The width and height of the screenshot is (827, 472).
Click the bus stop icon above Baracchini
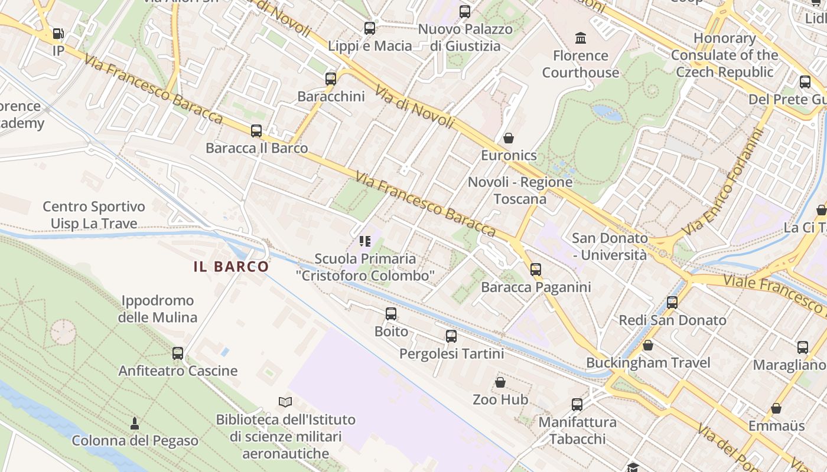point(331,78)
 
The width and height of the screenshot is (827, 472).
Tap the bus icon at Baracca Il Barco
point(256,130)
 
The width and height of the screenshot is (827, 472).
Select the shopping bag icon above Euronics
point(509,138)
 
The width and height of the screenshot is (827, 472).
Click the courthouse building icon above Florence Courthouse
point(581,38)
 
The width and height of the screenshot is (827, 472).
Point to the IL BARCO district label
point(232,267)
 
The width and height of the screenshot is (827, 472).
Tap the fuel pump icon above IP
point(58,34)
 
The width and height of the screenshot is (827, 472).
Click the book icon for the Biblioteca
point(285,402)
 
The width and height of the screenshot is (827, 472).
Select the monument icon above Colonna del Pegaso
point(135,423)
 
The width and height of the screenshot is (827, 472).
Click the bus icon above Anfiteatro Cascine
point(178,353)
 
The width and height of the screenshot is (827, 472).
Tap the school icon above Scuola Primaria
point(365,241)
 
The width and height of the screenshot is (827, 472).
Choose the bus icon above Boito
point(391,314)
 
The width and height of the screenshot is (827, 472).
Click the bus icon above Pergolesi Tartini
point(451,336)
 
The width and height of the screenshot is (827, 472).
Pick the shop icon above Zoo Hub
point(500,382)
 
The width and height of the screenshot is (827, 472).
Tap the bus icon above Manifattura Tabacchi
point(577,405)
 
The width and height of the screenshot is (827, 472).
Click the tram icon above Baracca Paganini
point(536,270)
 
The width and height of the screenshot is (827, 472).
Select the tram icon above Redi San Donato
point(672,303)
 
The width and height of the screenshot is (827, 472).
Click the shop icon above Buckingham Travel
point(648,345)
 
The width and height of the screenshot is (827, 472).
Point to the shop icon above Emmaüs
point(776,408)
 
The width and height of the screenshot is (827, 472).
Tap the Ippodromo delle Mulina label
point(157,309)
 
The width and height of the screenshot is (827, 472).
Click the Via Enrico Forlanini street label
point(722,182)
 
